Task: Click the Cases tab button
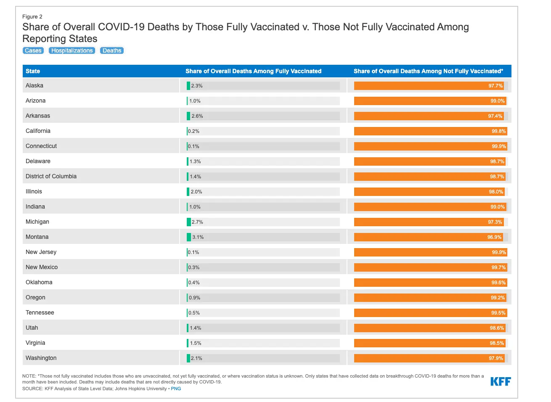coord(33,50)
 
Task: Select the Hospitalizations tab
coord(72,50)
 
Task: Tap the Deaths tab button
coord(112,50)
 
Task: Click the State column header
coord(33,71)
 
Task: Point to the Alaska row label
coord(34,85)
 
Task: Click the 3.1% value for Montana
coord(198,237)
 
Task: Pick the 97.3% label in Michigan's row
coord(495,222)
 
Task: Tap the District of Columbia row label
coord(51,176)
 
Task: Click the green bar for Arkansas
coord(188,116)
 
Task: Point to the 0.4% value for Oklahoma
coord(194,283)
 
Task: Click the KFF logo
coord(501,381)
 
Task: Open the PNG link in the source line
coord(176,389)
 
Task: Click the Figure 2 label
coord(32,17)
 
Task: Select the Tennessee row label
coord(40,312)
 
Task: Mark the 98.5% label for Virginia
coord(497,343)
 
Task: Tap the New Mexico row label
coord(42,267)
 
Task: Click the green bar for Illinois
coord(188,192)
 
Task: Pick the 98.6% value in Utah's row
coord(497,328)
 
